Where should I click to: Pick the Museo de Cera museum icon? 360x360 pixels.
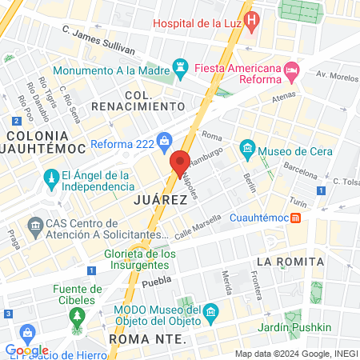[x=247, y=149]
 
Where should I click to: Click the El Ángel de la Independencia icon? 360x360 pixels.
[x=50, y=177]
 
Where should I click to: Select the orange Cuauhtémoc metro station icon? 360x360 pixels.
[x=296, y=217]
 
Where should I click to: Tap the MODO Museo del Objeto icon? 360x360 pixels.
[x=211, y=310]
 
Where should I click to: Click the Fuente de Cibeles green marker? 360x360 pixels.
[x=78, y=314]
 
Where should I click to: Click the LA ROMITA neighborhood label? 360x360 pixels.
[x=290, y=262]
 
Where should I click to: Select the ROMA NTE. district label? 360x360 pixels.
[x=146, y=339]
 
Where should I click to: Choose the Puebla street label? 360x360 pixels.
[x=157, y=283]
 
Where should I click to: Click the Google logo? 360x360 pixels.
[x=26, y=350]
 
